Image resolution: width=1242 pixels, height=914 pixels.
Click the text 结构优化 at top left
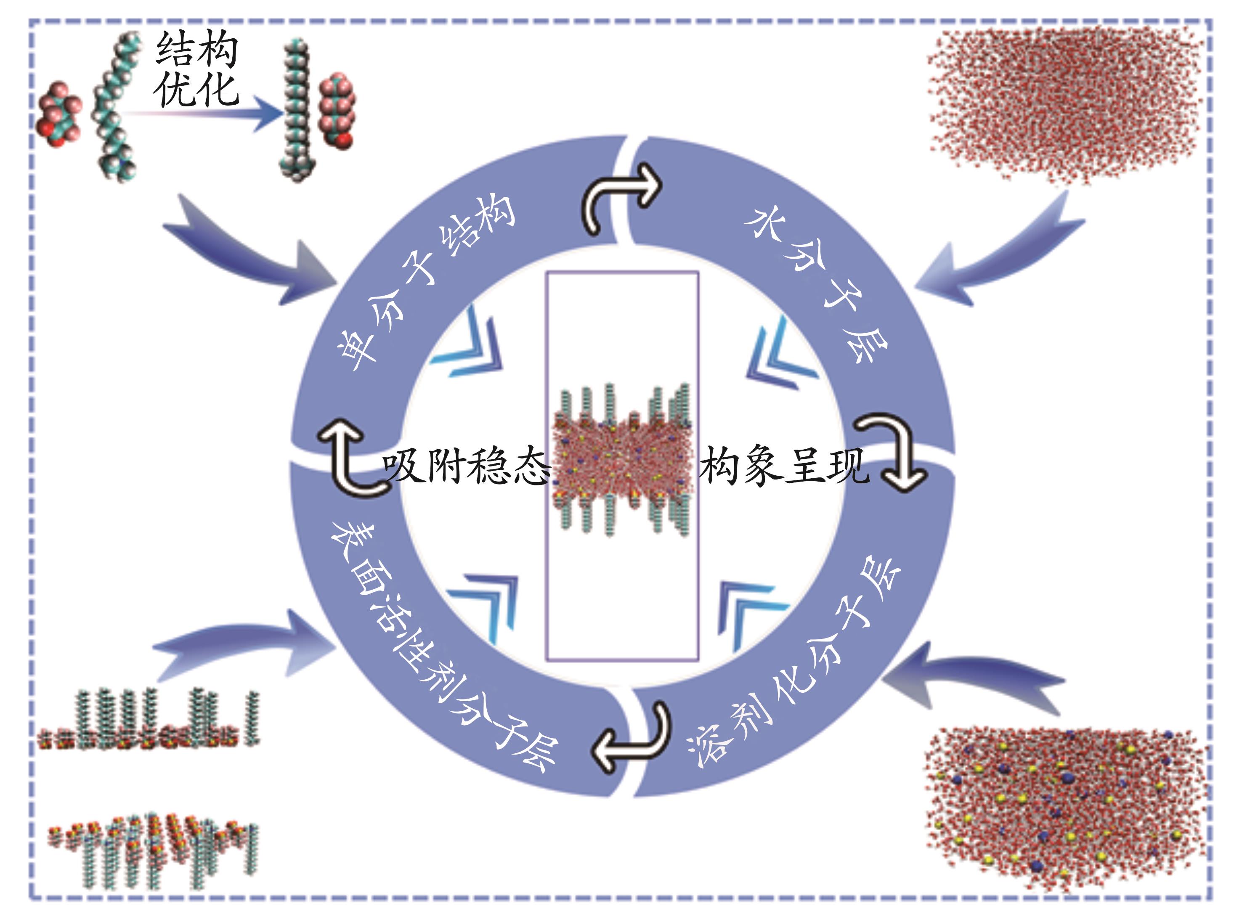click(196, 69)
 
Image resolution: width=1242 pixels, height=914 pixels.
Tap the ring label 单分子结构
click(423, 282)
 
